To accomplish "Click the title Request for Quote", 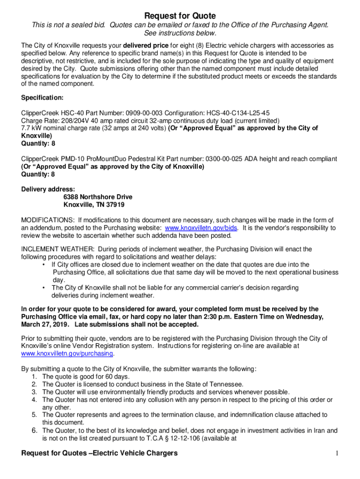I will (x=180, y=16).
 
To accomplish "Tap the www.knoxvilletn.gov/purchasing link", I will (x=67, y=354).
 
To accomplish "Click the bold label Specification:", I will (x=43, y=98).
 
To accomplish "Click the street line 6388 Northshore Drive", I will (x=98, y=197).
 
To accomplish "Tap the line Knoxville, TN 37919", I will (x=94, y=205).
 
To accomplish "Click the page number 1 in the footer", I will (x=336, y=453).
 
